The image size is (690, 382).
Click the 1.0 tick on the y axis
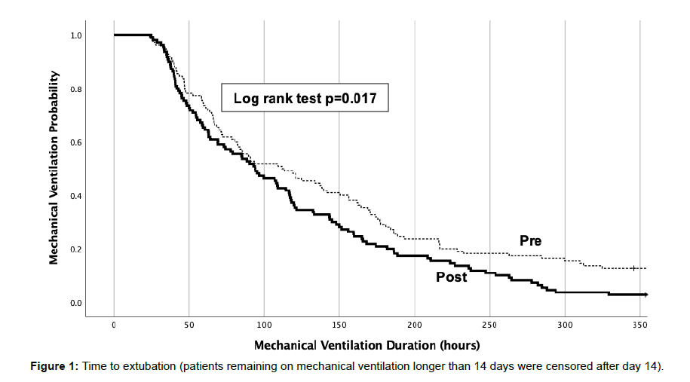click(x=76, y=35)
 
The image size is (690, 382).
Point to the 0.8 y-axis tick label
click(x=76, y=89)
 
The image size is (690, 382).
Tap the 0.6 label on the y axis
click(x=76, y=142)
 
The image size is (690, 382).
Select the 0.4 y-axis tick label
click(x=76, y=196)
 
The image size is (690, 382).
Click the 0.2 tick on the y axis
click(x=76, y=249)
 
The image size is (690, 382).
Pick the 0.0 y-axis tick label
click(x=76, y=303)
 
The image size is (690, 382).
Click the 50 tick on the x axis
click(x=189, y=325)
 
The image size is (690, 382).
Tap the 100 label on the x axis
click(x=264, y=325)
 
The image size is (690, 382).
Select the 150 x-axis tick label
click(x=339, y=325)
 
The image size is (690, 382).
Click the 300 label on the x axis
click(x=565, y=325)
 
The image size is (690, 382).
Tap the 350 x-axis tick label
click(x=639, y=325)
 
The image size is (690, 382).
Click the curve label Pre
click(x=530, y=241)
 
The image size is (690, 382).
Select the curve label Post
click(x=452, y=277)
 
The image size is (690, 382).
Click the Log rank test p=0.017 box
click(x=305, y=98)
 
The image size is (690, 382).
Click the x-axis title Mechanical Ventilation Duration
click(x=366, y=345)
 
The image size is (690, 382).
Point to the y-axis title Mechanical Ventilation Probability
click(x=54, y=167)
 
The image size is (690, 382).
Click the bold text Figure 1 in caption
click(x=52, y=366)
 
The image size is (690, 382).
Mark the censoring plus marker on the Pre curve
click(x=633, y=267)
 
